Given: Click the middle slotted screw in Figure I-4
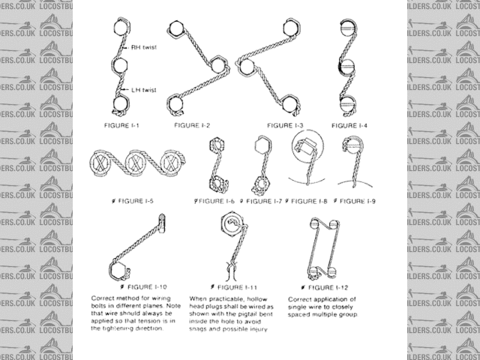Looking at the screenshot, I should (346, 65).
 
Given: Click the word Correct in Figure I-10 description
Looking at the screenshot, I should (103, 298).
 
